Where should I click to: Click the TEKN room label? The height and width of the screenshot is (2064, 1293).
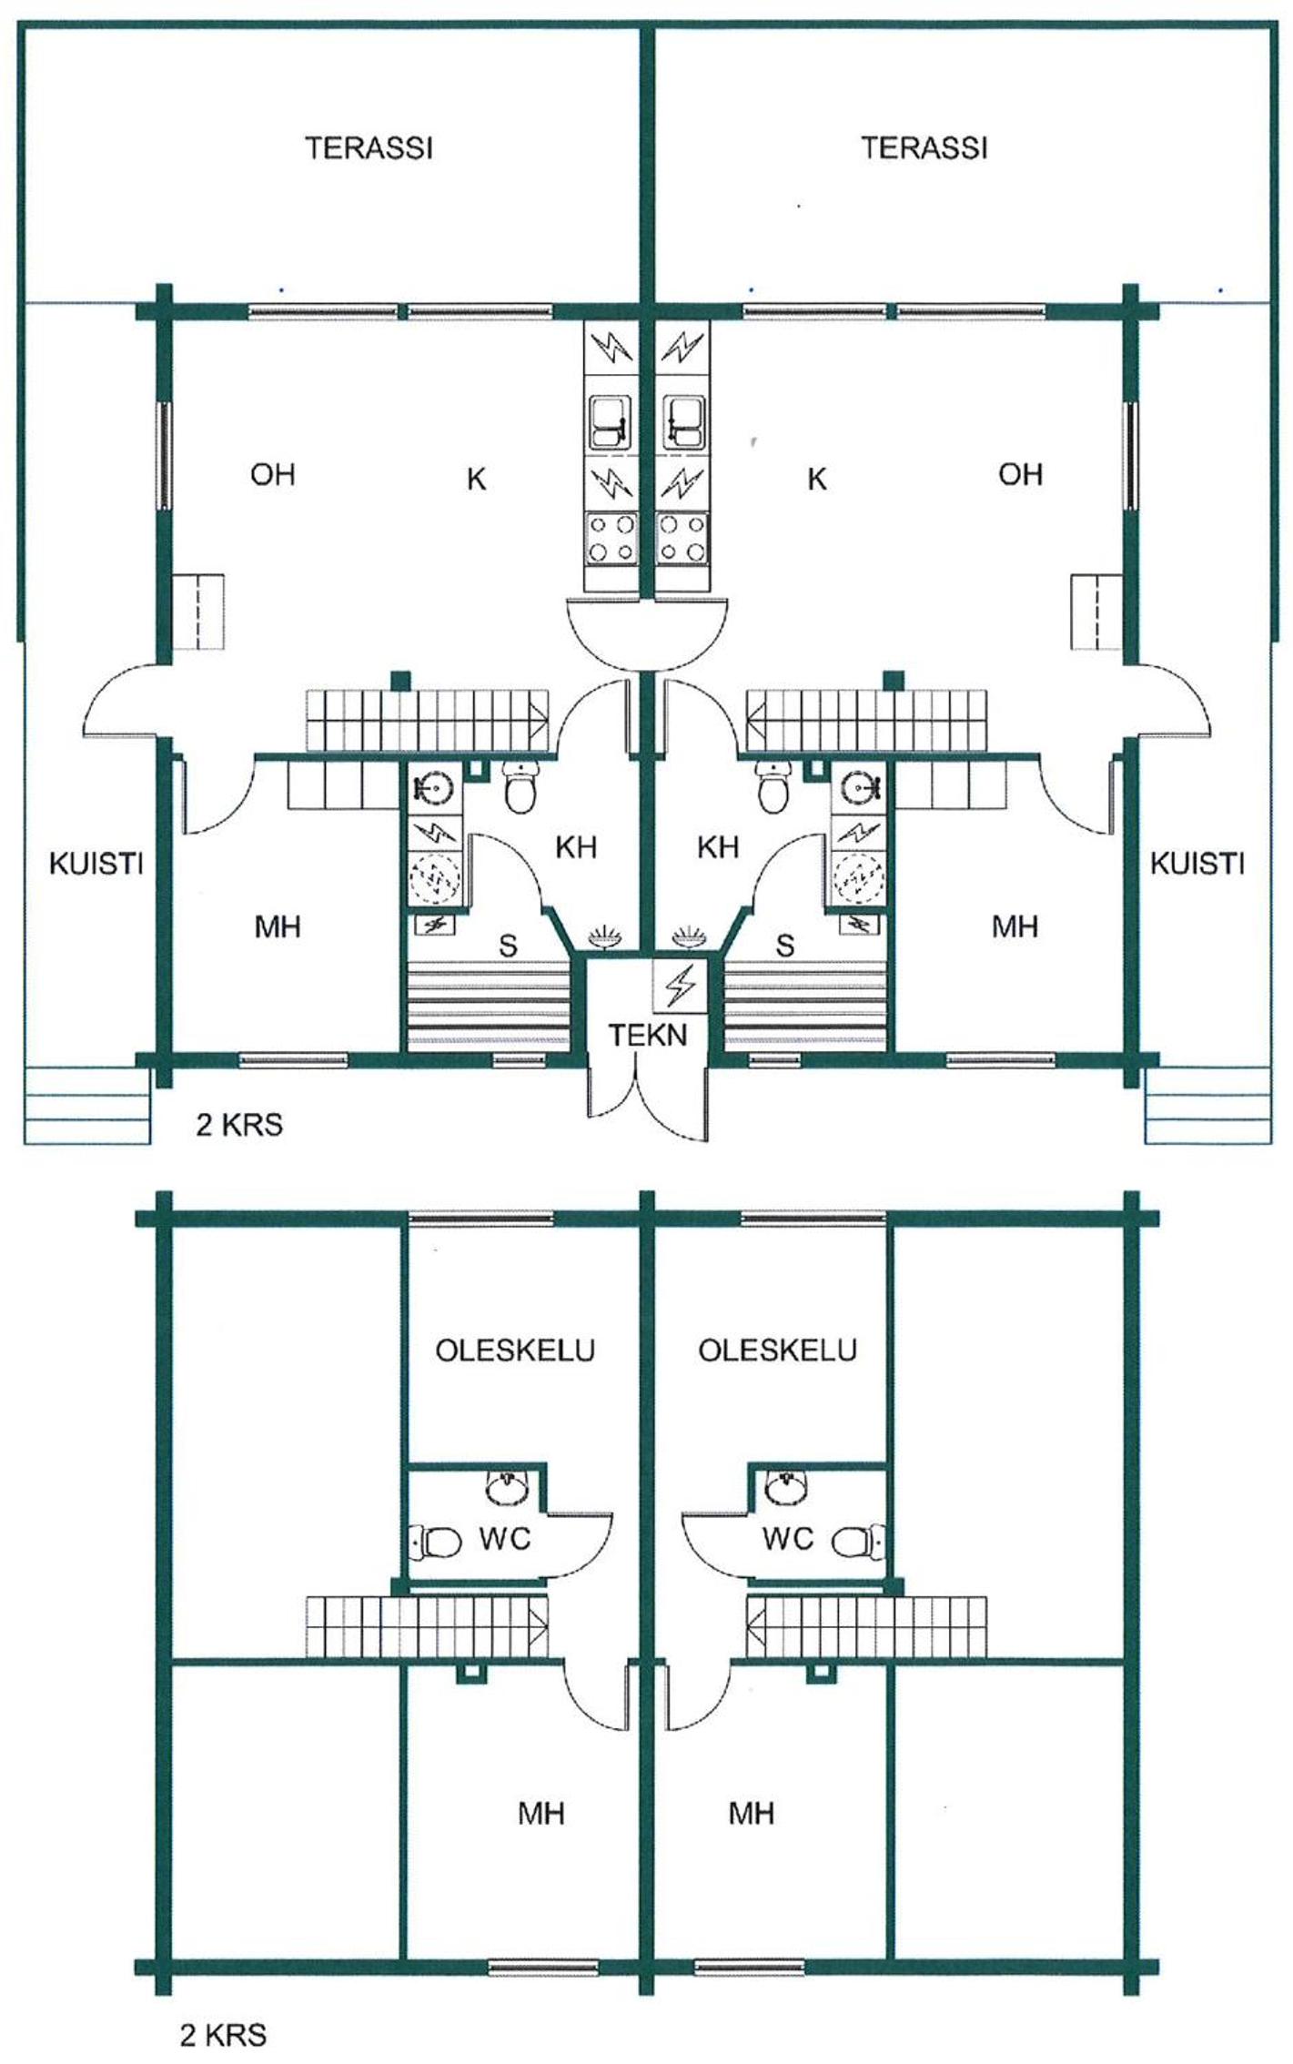(x=647, y=1035)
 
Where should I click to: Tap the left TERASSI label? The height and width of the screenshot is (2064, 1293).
(x=369, y=147)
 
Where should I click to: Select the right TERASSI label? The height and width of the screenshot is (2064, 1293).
(x=924, y=147)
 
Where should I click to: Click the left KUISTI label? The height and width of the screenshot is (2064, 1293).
(x=96, y=864)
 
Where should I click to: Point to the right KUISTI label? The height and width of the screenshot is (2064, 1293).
(x=1197, y=864)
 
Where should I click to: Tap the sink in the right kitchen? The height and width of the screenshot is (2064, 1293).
(x=682, y=421)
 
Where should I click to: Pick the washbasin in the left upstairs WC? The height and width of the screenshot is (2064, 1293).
(x=505, y=1485)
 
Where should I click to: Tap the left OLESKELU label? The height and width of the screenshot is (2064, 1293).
(x=515, y=1350)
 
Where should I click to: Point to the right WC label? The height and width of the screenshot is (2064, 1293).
(x=788, y=1539)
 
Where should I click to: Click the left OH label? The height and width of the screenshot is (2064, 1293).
(x=273, y=474)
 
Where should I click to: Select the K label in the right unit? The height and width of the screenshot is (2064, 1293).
(x=817, y=479)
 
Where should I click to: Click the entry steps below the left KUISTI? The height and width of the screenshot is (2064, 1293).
(x=87, y=1106)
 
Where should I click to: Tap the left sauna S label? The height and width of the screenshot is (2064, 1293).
(x=508, y=946)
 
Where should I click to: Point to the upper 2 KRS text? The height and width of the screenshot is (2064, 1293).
(x=239, y=1126)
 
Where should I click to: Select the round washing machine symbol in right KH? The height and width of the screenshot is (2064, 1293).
(x=857, y=878)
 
